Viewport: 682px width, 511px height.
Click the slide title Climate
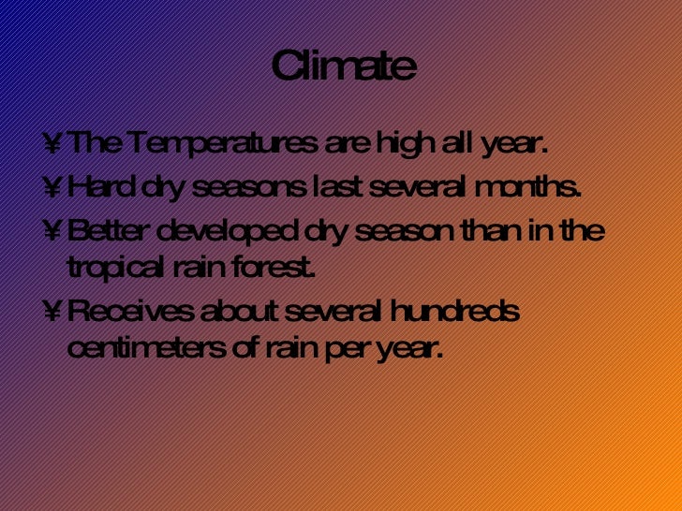pyautogui.click(x=343, y=67)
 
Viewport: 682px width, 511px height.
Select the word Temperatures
pyautogui.click(x=216, y=145)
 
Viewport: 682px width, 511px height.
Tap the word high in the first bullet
pyautogui.click(x=388, y=145)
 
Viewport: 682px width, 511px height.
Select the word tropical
pyautogui.click(x=113, y=270)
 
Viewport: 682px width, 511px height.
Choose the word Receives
pyautogui.click(x=125, y=311)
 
